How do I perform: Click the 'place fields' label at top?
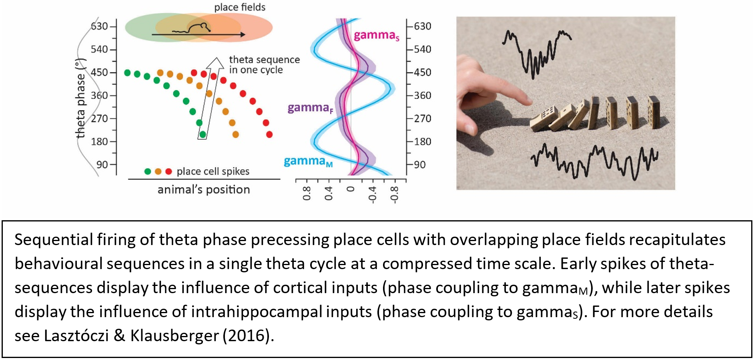[x=240, y=7]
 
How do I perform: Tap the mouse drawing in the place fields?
[x=199, y=28]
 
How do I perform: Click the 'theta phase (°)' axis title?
[x=81, y=98]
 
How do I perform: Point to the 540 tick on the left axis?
[x=99, y=49]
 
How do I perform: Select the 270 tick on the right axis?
[x=422, y=119]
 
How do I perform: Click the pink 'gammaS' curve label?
[x=376, y=36]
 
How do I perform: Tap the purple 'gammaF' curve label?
[x=310, y=108]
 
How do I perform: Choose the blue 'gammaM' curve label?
[x=308, y=161]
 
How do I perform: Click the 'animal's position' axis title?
[x=203, y=189]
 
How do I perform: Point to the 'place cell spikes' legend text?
[x=213, y=171]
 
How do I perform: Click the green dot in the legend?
[x=148, y=171]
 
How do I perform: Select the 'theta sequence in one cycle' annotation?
[x=264, y=64]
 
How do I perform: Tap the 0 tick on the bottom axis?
[x=351, y=189]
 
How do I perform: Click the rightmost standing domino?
[x=653, y=112]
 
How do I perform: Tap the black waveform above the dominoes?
[x=536, y=54]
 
